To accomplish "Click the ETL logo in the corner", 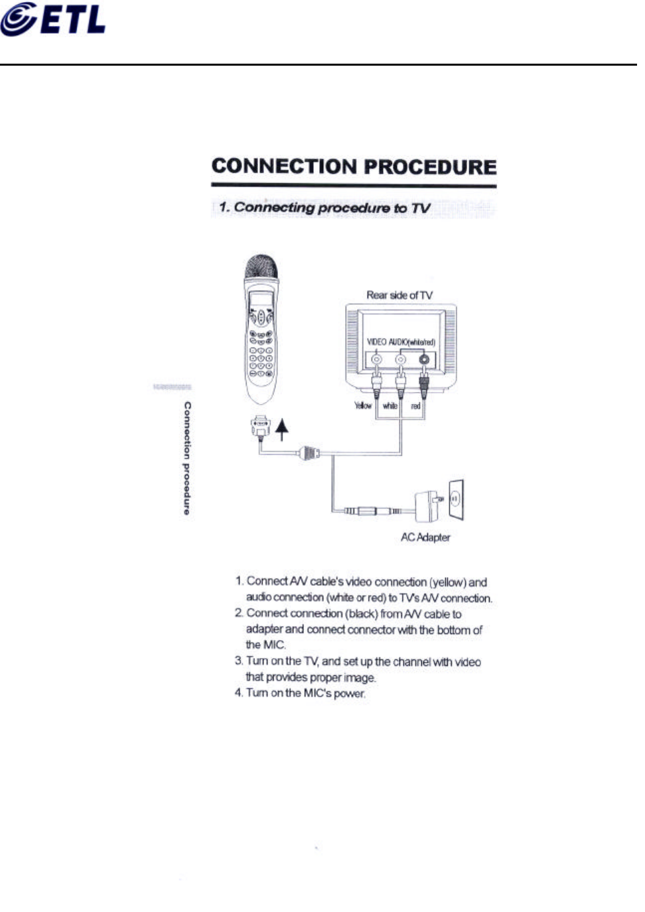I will point(53,20).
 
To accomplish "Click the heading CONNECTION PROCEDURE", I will point(354,166).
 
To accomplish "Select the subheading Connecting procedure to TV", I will point(324,208).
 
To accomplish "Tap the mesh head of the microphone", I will point(260,267).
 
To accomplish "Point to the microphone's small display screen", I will point(259,299).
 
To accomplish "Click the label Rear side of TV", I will point(399,295).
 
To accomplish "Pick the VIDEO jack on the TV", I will point(376,359).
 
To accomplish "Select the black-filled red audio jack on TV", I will point(425,360).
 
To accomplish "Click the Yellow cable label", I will point(363,406).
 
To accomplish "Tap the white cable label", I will point(390,406).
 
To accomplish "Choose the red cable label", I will point(415,406).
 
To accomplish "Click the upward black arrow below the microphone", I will point(282,428).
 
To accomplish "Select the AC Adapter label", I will point(425,537).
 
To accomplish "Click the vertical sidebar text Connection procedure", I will point(187,458).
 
